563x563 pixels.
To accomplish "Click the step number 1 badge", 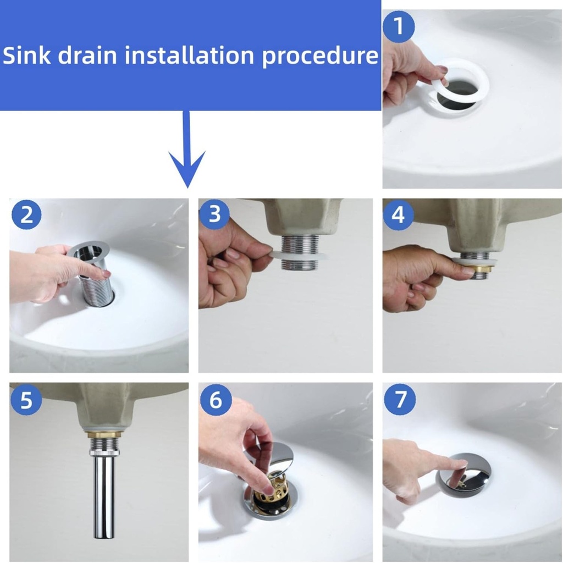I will point(399,26).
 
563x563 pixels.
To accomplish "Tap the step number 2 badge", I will point(26,216).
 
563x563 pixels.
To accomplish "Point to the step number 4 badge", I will point(399,216).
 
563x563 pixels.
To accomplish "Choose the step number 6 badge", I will point(215,400).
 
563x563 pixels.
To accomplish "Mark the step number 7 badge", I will point(399,400).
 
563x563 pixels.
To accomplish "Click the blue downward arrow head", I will point(187,168).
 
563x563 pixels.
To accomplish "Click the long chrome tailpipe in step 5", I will point(103,495).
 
